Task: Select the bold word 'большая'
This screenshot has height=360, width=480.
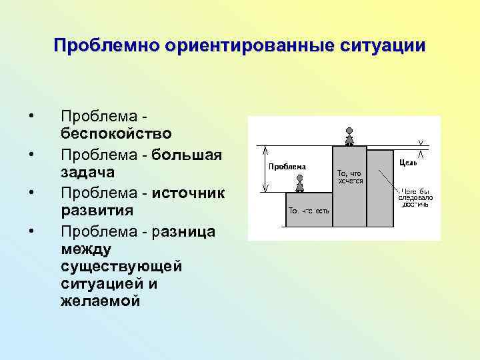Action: click(x=187, y=155)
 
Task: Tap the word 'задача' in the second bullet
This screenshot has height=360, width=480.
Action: click(x=88, y=173)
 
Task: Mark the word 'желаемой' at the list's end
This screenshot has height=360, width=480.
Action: click(x=100, y=301)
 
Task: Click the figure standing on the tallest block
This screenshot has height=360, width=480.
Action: click(x=349, y=136)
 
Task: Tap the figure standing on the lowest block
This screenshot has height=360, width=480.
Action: click(x=300, y=184)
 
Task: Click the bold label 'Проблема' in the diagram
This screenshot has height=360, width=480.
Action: click(x=287, y=166)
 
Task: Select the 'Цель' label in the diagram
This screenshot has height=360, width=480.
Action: click(x=408, y=162)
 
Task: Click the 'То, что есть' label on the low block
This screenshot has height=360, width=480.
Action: click(x=308, y=210)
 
